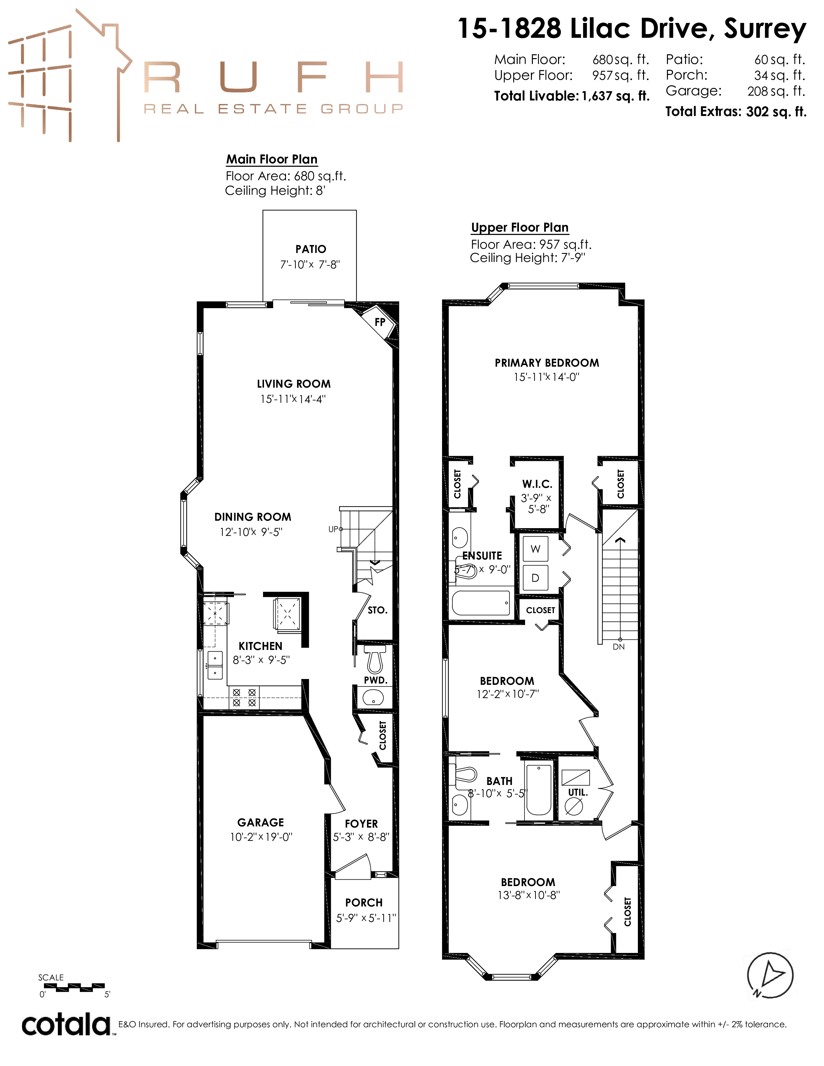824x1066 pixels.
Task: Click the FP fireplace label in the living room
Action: tap(380, 322)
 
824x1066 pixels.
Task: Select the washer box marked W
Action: tap(535, 549)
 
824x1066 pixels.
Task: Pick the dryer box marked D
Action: tap(535, 578)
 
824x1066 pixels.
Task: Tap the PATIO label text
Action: tap(311, 249)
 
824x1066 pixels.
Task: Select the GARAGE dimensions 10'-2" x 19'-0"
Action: tap(261, 837)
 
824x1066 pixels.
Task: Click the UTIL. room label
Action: tap(578, 792)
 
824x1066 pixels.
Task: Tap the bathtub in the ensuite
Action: tap(481, 603)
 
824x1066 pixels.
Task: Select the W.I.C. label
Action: tap(537, 484)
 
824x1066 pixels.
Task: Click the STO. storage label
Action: tap(377, 610)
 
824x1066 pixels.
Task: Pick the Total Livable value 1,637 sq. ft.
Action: tap(615, 96)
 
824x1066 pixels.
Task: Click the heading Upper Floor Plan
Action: tap(520, 227)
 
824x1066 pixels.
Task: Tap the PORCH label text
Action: tap(364, 903)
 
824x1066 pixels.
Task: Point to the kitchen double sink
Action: tap(215, 665)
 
